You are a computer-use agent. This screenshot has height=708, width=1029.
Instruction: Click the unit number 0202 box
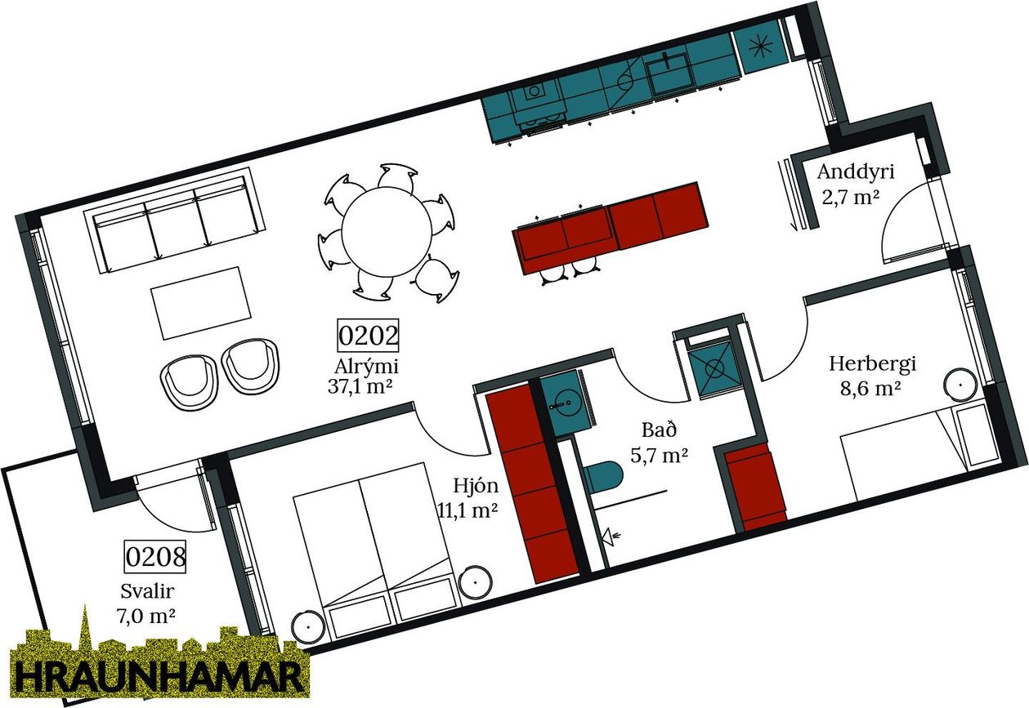(x=368, y=336)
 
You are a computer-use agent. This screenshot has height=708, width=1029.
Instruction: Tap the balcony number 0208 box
(x=155, y=557)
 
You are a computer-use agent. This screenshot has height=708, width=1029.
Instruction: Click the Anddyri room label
(x=856, y=172)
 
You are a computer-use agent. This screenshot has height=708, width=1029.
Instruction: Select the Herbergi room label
(x=872, y=364)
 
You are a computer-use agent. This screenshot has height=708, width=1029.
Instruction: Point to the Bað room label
(x=660, y=430)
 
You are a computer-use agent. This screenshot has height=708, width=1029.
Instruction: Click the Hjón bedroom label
(x=476, y=485)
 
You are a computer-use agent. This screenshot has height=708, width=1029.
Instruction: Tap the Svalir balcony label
(x=147, y=591)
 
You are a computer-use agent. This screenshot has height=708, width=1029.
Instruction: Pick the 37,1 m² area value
(x=360, y=386)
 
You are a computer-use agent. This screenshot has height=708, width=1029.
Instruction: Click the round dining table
(x=387, y=232)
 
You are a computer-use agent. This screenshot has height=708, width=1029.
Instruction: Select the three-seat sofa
(x=175, y=220)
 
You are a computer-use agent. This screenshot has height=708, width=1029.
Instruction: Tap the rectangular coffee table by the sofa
(x=201, y=303)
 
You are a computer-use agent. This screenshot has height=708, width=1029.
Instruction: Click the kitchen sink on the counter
(x=669, y=73)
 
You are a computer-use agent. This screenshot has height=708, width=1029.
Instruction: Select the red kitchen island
(x=611, y=229)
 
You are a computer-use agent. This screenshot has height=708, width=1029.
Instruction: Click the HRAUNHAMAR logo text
(x=159, y=678)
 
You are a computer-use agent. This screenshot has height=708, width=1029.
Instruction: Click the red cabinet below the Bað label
(x=754, y=488)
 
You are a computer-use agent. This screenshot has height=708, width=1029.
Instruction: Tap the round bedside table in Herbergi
(x=961, y=385)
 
